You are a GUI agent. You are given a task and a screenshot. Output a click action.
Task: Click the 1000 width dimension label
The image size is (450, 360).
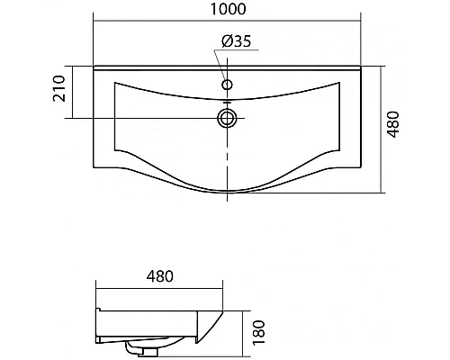coord(228,9)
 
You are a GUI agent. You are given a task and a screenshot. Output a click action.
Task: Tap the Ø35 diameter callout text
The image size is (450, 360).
coord(236,41)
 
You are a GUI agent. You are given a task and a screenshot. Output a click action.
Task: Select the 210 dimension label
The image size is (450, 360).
coord(59,88)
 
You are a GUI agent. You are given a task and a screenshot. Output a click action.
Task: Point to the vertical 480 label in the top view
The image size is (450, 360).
coord(393,124)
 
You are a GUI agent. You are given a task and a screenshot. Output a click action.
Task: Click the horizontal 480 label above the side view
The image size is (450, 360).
coord(159,276)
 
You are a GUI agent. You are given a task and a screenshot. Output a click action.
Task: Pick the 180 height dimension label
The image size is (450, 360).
coord(259,333)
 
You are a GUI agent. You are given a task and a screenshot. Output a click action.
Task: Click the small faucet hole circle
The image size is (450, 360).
coord(227,85)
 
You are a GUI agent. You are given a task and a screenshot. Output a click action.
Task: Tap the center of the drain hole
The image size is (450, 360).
coord(227,118)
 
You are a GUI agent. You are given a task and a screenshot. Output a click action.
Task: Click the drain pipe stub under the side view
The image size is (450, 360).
coord(133,348)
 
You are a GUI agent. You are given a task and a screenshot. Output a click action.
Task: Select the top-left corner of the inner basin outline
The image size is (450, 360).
coord(114,82)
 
